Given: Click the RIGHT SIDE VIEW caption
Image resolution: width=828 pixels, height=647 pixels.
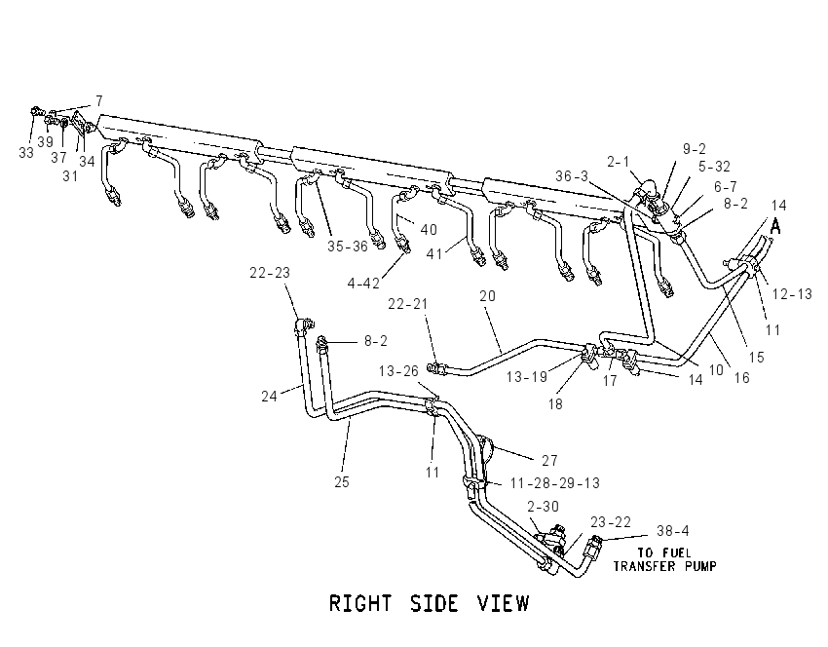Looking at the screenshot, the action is pos(429,603).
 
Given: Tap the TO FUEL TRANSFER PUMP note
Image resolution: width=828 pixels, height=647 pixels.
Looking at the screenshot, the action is pos(664,560).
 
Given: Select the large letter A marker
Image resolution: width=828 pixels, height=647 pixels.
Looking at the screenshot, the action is pos(775,226).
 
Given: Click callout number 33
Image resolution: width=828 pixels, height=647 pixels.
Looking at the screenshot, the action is pos(26,153).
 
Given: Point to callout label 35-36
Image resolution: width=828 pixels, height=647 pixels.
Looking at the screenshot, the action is pos(348,247).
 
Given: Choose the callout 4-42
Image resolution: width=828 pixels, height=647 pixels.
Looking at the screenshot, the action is pos(363,284).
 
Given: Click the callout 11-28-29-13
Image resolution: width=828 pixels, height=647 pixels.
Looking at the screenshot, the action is pos(555,483).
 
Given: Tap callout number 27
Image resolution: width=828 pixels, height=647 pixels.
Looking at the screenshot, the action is pos(549,461).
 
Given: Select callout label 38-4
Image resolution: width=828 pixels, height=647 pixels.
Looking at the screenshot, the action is pos(673,530).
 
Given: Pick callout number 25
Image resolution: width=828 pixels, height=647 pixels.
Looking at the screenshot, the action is pos(342,481).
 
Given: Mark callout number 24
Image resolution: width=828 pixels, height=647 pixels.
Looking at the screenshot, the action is pos(269,397).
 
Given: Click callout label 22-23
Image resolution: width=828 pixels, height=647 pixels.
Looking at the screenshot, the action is pos(270,273).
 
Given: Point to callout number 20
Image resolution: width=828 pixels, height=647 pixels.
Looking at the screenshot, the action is pos(487,296).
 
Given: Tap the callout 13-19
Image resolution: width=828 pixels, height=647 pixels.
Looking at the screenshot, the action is pos(526,376).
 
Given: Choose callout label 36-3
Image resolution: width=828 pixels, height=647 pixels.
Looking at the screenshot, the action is pos(572,175).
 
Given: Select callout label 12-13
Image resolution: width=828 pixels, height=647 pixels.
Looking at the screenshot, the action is pos(792,293).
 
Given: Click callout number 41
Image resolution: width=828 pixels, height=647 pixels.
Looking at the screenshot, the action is pos(434,254).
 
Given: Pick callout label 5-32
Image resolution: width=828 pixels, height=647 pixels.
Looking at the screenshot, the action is pos(714,167).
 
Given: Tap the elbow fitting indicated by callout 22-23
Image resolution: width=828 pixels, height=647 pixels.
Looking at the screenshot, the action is pos(303,324).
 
